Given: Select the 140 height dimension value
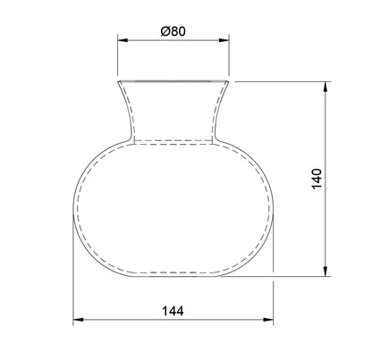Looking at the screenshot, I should click(314, 179).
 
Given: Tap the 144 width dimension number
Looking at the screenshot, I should click(173, 311).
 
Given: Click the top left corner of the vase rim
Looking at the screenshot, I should click(120, 82).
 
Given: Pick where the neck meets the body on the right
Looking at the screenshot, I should click(216, 142).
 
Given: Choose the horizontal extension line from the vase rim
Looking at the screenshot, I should click(277, 82).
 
